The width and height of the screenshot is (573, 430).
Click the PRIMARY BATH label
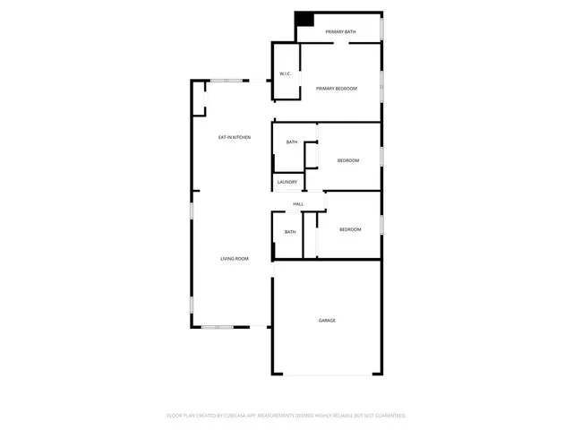point(340,32)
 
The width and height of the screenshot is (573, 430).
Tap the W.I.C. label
point(285,73)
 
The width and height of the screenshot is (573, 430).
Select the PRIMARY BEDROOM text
point(337,89)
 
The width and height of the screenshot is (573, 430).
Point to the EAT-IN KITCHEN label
point(235,137)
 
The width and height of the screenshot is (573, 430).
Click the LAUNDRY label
point(286,183)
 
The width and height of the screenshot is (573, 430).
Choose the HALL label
point(298,204)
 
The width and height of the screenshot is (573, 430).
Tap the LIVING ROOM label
point(235,259)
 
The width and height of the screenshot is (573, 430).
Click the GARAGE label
point(327,320)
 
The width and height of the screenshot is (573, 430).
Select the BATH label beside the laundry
point(292,142)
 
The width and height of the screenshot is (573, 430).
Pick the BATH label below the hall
point(290,232)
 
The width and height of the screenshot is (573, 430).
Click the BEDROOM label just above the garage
point(350,230)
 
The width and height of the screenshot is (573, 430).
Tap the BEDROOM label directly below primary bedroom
point(348,160)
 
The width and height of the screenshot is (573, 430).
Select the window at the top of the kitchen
point(230,82)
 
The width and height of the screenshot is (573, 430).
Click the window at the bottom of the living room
point(218,327)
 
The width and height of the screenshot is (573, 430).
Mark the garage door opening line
point(327,374)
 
